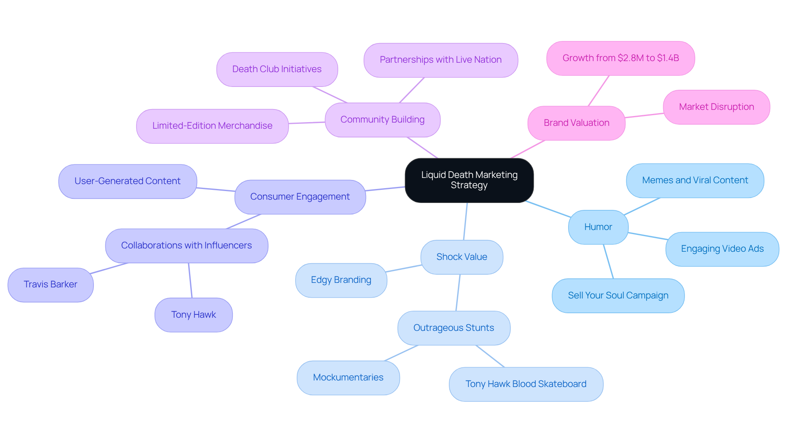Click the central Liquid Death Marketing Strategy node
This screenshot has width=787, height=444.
click(x=469, y=180)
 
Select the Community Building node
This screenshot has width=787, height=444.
click(x=382, y=120)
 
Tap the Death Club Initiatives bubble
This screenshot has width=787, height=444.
click(x=277, y=69)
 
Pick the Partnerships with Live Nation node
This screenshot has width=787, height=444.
click(x=440, y=60)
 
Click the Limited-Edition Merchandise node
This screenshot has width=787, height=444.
click(x=212, y=126)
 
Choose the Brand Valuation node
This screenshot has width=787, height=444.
click(x=576, y=123)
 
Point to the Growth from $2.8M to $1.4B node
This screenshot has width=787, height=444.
click(x=620, y=58)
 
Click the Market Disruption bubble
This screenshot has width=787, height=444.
click(x=716, y=107)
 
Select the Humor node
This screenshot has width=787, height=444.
click(x=598, y=227)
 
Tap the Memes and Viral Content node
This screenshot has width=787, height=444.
click(x=695, y=180)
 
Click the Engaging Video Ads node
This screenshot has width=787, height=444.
click(x=722, y=249)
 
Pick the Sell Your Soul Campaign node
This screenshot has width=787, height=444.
click(x=618, y=296)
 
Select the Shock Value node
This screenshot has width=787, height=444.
click(x=462, y=257)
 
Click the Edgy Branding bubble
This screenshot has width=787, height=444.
click(x=341, y=280)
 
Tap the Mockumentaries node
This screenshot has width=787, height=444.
click(x=348, y=378)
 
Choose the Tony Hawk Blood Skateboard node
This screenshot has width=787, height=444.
click(x=525, y=384)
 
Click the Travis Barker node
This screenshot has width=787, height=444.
click(x=50, y=285)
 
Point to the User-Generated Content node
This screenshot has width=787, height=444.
click(x=127, y=181)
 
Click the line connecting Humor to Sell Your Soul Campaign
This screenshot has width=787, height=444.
click(x=608, y=262)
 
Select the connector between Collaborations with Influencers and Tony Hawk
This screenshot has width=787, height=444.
click(x=190, y=280)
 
